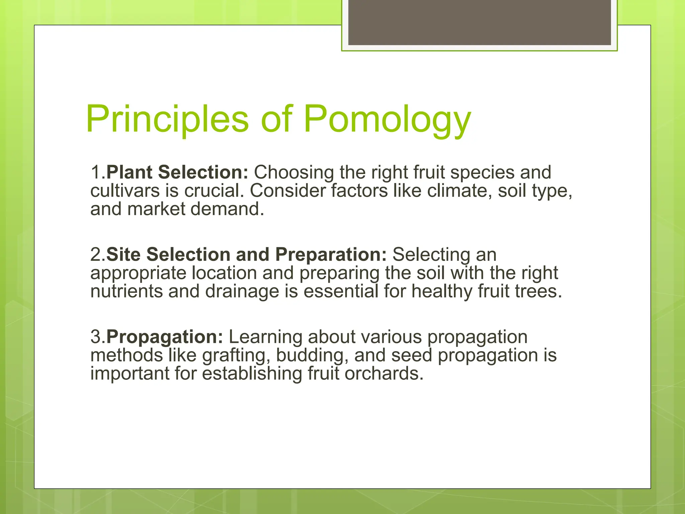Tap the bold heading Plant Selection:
click(177, 172)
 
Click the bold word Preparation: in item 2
click(331, 254)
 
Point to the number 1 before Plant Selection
click(95, 172)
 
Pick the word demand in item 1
click(227, 209)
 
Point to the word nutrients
click(126, 291)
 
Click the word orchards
click(384, 373)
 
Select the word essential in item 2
click(340, 291)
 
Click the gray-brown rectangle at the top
click(479, 22)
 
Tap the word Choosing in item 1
click(294, 172)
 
